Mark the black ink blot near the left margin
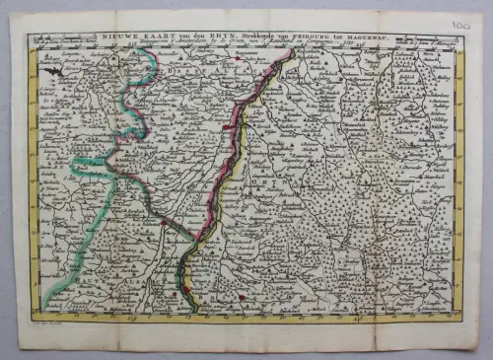click(55, 71)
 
